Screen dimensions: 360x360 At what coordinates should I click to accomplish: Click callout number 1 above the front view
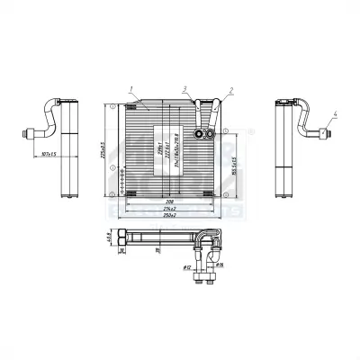coord(131,88)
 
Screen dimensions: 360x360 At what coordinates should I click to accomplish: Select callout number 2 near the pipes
coord(231,89)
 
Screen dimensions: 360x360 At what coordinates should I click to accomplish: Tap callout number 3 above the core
coord(184,88)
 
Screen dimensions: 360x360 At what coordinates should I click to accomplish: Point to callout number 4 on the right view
coord(334,113)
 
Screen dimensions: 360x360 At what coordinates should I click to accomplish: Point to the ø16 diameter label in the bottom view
coord(219,265)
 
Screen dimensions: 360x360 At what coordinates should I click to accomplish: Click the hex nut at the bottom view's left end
coord(124,238)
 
